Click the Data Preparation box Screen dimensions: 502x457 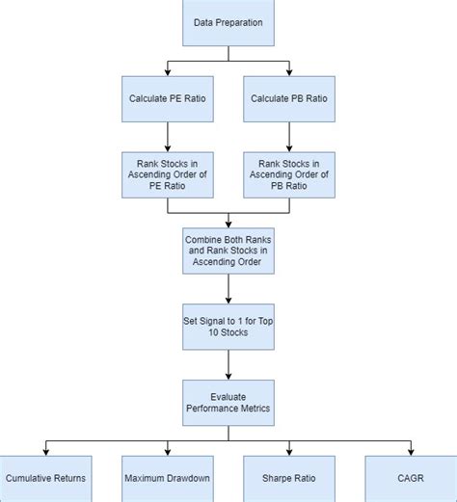[x=228, y=22]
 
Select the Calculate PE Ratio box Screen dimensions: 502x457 [x=168, y=98]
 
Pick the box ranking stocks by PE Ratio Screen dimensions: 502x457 [x=168, y=173]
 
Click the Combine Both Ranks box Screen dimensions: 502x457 [x=228, y=249]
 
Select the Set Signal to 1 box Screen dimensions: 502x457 [x=228, y=326]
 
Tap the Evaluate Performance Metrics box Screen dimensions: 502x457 [x=228, y=402]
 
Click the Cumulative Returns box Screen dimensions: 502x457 [x=45, y=478]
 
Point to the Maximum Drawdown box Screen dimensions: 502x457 [x=168, y=478]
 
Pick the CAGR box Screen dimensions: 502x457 [x=410, y=478]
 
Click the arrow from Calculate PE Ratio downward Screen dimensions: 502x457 [x=168, y=135]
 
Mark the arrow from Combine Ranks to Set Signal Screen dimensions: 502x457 [x=228, y=287]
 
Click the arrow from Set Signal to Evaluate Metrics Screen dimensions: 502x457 [x=228, y=363]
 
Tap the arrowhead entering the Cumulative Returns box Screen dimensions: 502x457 [x=45, y=451]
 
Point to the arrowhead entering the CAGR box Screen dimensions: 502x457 [x=410, y=451]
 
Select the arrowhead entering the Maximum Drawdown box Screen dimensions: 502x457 [x=168, y=451]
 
